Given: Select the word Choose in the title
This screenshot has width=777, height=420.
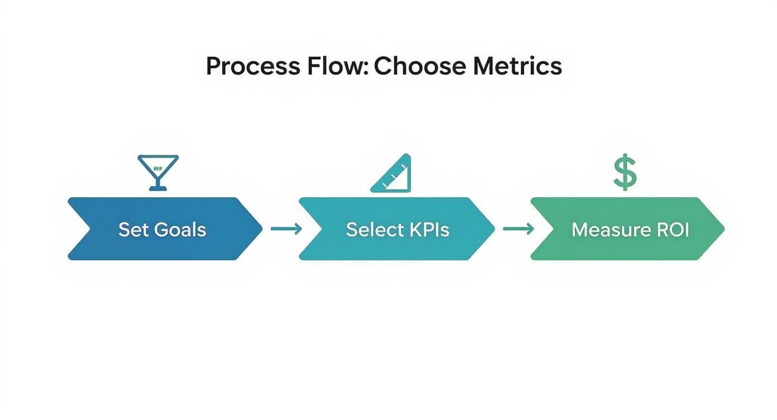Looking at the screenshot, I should pos(419,66).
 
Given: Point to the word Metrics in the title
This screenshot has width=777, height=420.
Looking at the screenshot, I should pos(517,66).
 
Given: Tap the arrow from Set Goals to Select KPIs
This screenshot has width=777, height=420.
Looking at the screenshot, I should pos(286,228).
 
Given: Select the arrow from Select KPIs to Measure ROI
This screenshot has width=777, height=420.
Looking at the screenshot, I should pos(519,228).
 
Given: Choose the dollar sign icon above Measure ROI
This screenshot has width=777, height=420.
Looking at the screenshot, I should pos(625,173).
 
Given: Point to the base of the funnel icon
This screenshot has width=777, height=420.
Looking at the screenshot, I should pos(158,188).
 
